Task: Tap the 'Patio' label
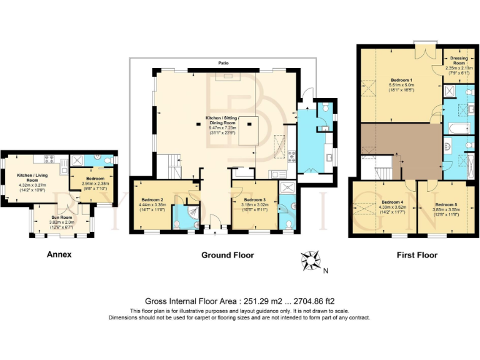(x=222, y=63)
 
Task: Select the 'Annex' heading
(x=59, y=254)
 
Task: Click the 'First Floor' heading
(x=417, y=255)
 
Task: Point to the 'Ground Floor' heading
(x=227, y=255)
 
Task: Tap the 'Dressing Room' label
(x=458, y=61)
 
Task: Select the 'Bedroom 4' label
(x=392, y=202)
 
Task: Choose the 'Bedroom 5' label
(x=446, y=204)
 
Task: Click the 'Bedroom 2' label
(x=152, y=199)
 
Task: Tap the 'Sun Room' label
(x=61, y=216)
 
